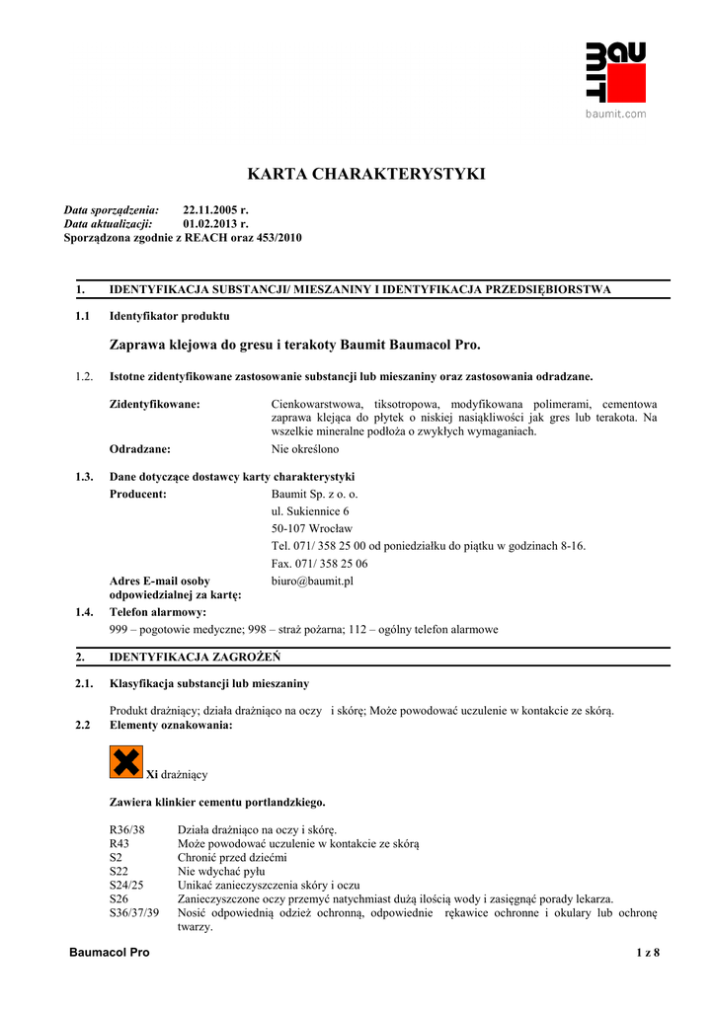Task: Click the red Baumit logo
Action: [x=616, y=72]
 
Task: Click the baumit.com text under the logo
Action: [x=616, y=114]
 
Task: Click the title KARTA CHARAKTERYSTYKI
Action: [x=365, y=175]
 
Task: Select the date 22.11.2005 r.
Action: [x=215, y=210]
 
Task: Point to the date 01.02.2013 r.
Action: [x=215, y=224]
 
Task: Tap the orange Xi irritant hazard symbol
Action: [x=125, y=762]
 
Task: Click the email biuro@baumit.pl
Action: [x=312, y=582]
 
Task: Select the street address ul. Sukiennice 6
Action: [x=310, y=511]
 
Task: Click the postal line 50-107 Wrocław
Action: [x=311, y=528]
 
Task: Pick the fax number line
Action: [x=319, y=564]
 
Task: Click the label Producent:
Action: [x=137, y=494]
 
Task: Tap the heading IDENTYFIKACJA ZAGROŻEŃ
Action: [x=195, y=656]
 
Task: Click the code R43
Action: [x=119, y=844]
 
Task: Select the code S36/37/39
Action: [x=133, y=913]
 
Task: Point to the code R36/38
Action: [x=125, y=829]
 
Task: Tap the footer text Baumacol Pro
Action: [x=108, y=952]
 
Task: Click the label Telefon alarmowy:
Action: [x=158, y=612]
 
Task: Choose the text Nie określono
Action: [x=305, y=449]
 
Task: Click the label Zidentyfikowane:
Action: [x=155, y=404]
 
